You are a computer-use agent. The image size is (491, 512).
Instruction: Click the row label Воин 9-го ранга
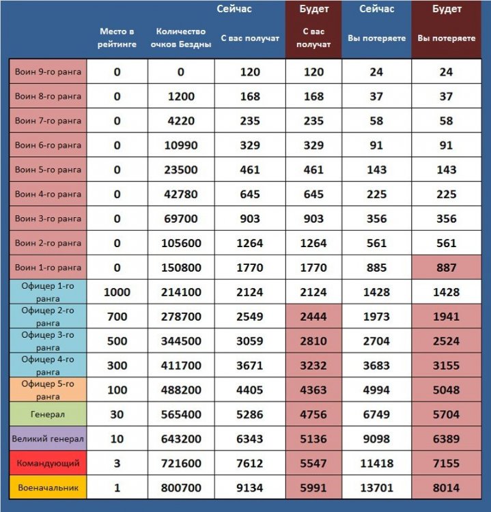pos(48,72)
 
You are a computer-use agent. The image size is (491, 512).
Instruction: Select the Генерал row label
pos(48,414)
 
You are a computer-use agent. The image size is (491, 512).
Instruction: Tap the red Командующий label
pos(48,464)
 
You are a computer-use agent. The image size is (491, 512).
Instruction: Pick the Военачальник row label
pos(48,488)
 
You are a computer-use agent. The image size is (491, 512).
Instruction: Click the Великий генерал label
pos(48,439)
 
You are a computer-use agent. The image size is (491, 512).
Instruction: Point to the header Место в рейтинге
pos(117,38)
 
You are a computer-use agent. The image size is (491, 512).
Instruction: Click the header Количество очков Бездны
pos(181,38)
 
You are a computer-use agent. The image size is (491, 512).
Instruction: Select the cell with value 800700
pos(181,488)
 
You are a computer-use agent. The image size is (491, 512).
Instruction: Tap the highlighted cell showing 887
pos(446,268)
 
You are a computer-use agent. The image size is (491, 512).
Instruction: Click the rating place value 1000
pos(117,292)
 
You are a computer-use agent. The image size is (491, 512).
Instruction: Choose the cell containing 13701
pos(376,488)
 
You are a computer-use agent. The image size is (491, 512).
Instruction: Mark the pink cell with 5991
pos(313,488)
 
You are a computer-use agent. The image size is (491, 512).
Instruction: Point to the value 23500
pos(181,170)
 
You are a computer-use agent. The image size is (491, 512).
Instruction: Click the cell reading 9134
pos(250,488)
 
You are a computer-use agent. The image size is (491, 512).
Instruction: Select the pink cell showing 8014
pos(446,488)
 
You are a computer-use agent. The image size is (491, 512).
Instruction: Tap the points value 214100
pos(181,292)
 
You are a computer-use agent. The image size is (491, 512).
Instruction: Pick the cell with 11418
pos(376,464)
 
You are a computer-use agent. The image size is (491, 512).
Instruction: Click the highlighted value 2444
pos(313,317)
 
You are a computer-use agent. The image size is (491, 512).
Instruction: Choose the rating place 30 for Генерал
pos(117,414)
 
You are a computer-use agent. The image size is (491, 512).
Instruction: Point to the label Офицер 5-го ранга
pos(48,390)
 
